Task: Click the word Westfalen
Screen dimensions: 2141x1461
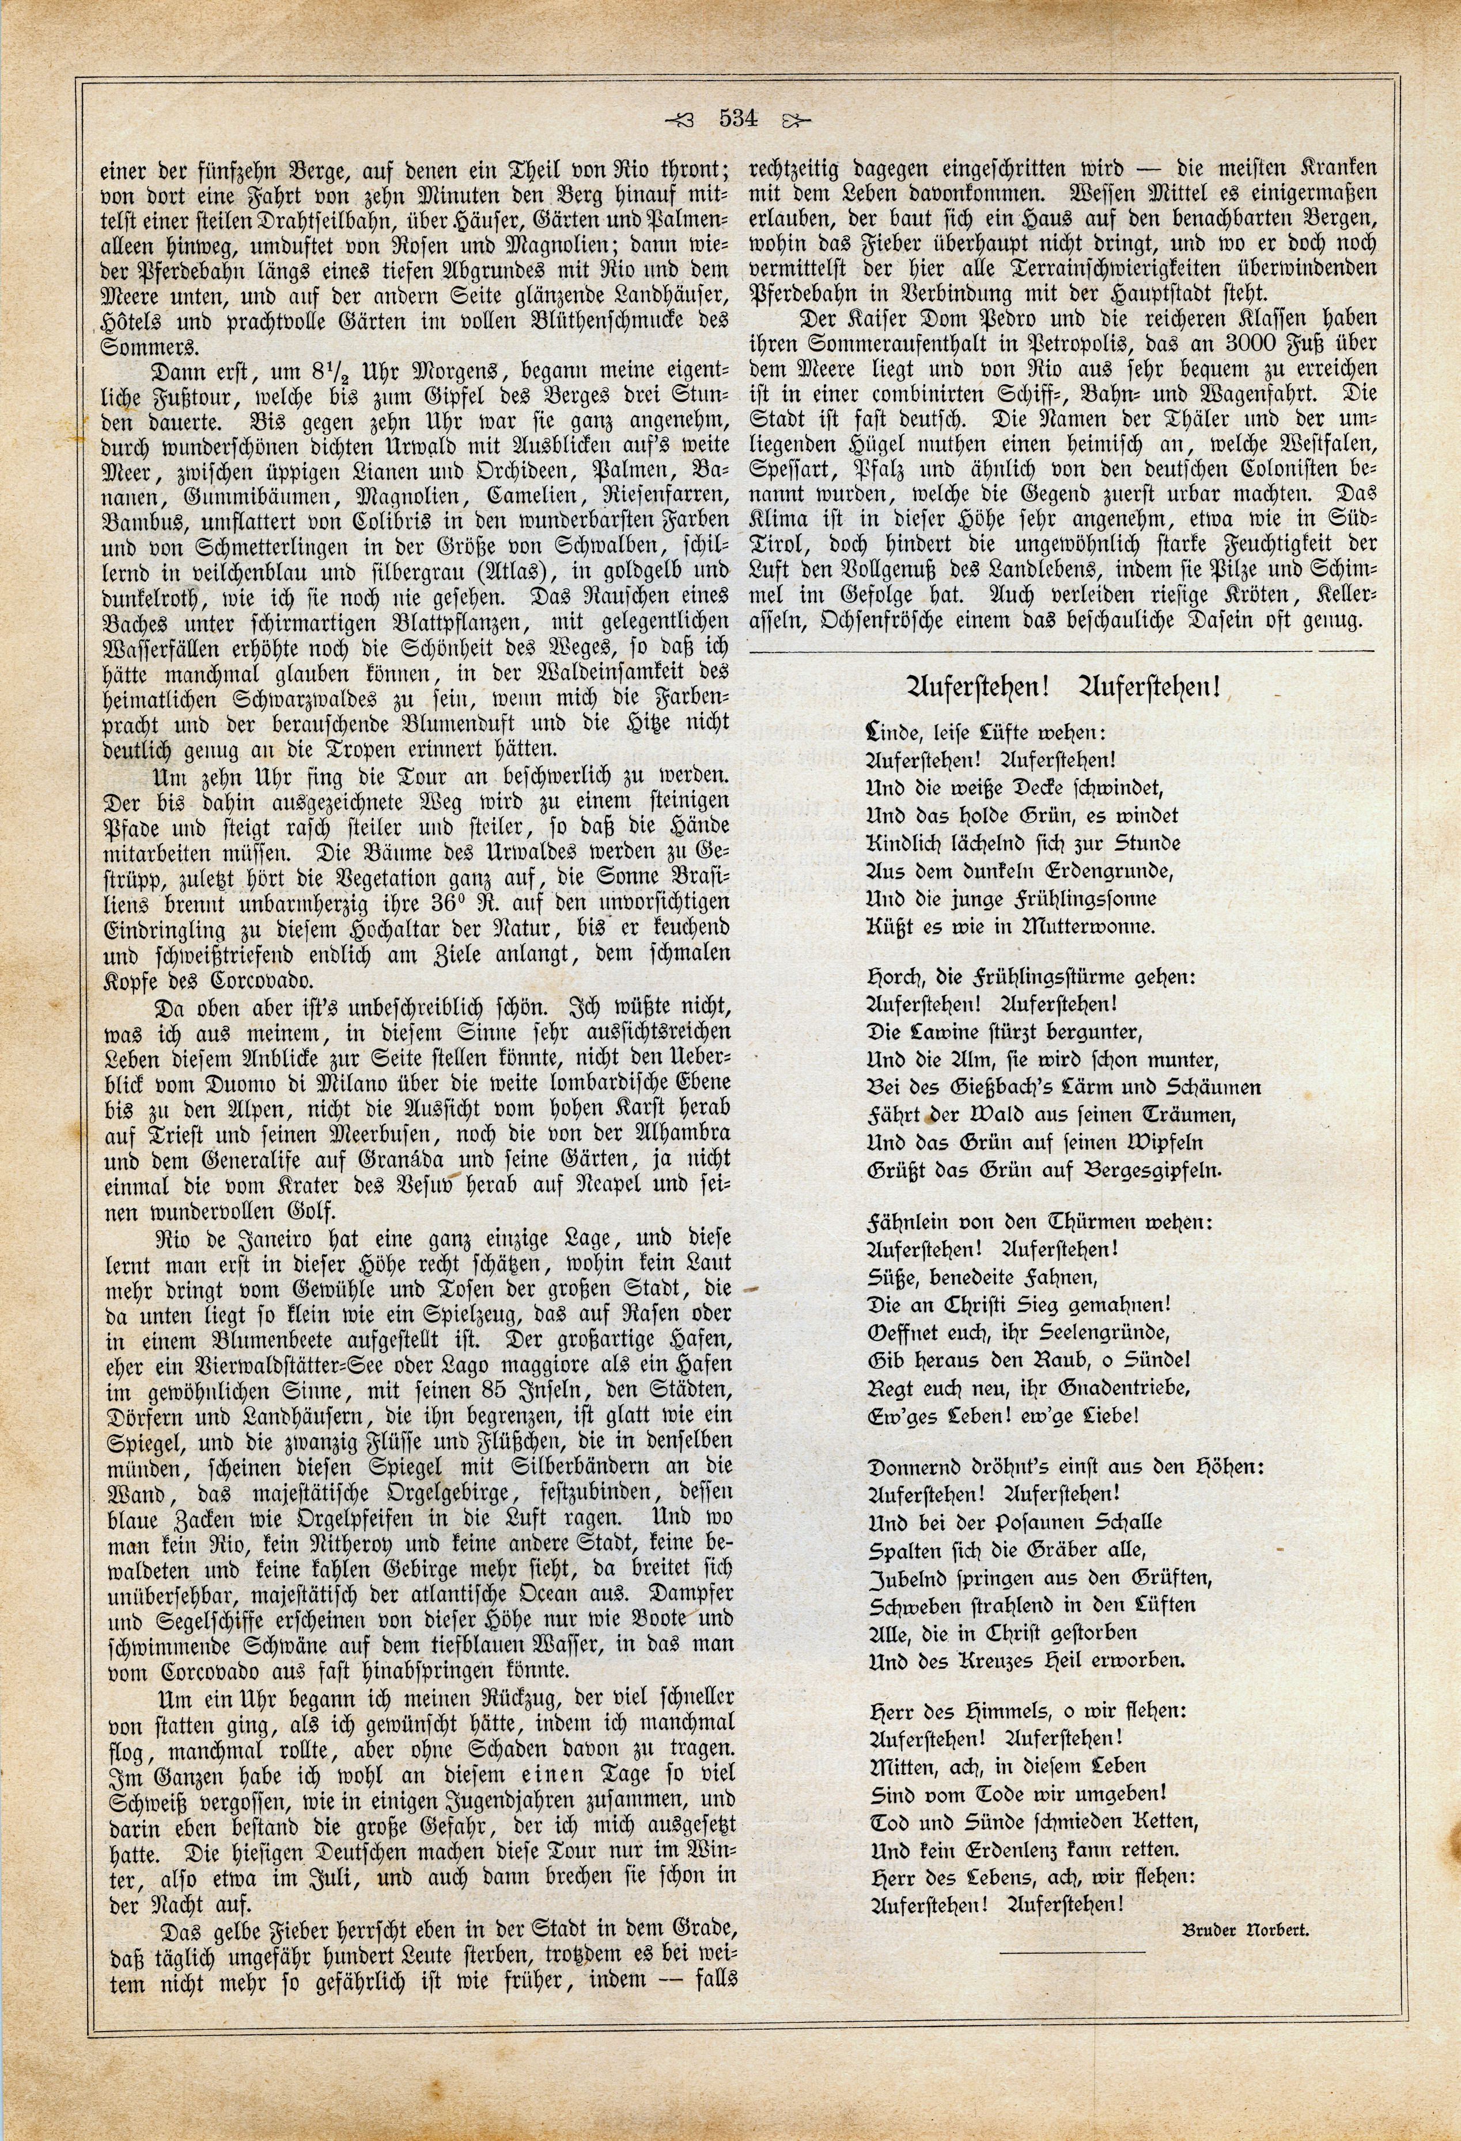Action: click(x=1321, y=444)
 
